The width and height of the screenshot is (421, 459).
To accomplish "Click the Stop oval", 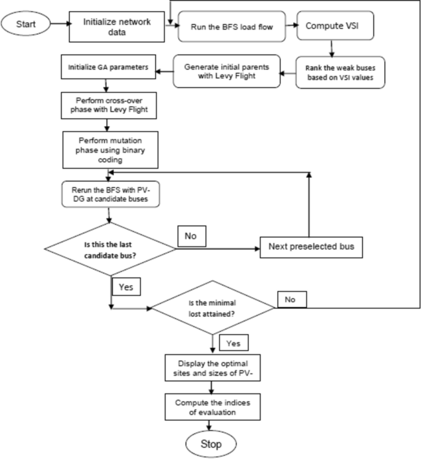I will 211,442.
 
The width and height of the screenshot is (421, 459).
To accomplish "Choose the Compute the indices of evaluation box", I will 210,405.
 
